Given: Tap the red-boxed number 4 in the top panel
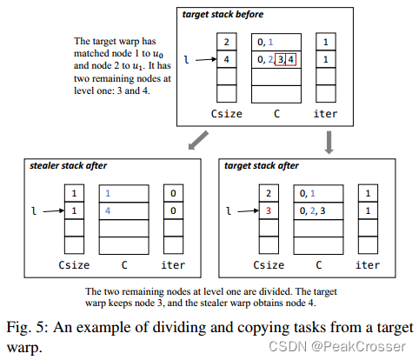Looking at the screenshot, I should [290, 59].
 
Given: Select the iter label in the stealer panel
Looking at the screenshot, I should [174, 264].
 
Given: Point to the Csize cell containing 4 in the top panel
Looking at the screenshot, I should [226, 60].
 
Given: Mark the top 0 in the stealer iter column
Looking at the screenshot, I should [174, 194].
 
